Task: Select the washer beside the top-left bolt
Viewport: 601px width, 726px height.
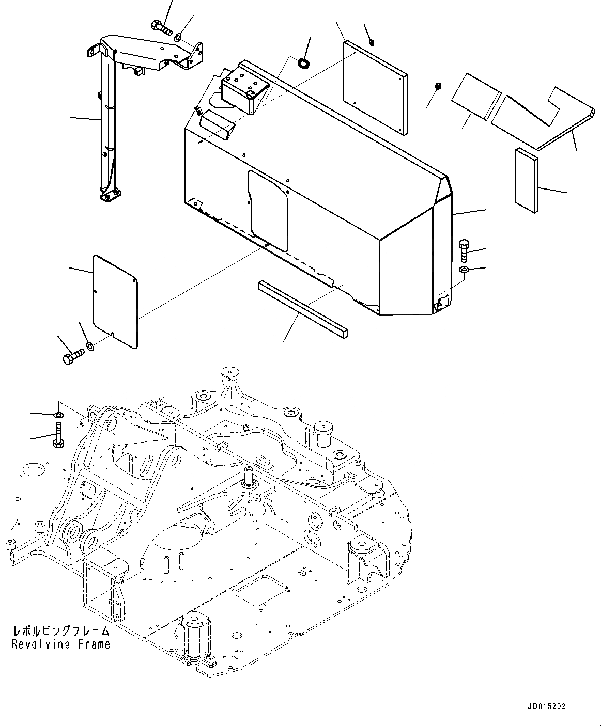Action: click(x=178, y=37)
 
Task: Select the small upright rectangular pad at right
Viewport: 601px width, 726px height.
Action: click(x=526, y=180)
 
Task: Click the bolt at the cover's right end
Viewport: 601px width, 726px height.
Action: click(x=464, y=250)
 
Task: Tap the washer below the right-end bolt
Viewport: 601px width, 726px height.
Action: click(x=464, y=270)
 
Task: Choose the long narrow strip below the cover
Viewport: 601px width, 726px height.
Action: click(x=302, y=307)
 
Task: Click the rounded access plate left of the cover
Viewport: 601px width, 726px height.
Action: click(x=115, y=301)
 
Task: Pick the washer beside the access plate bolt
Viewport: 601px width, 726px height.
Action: click(x=90, y=345)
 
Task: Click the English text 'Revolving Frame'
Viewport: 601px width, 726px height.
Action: click(x=61, y=644)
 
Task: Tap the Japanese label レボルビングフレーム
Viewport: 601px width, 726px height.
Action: click(x=61, y=631)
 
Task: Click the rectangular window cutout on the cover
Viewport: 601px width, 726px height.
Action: click(x=268, y=211)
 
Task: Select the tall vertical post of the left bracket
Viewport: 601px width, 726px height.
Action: click(x=106, y=124)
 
